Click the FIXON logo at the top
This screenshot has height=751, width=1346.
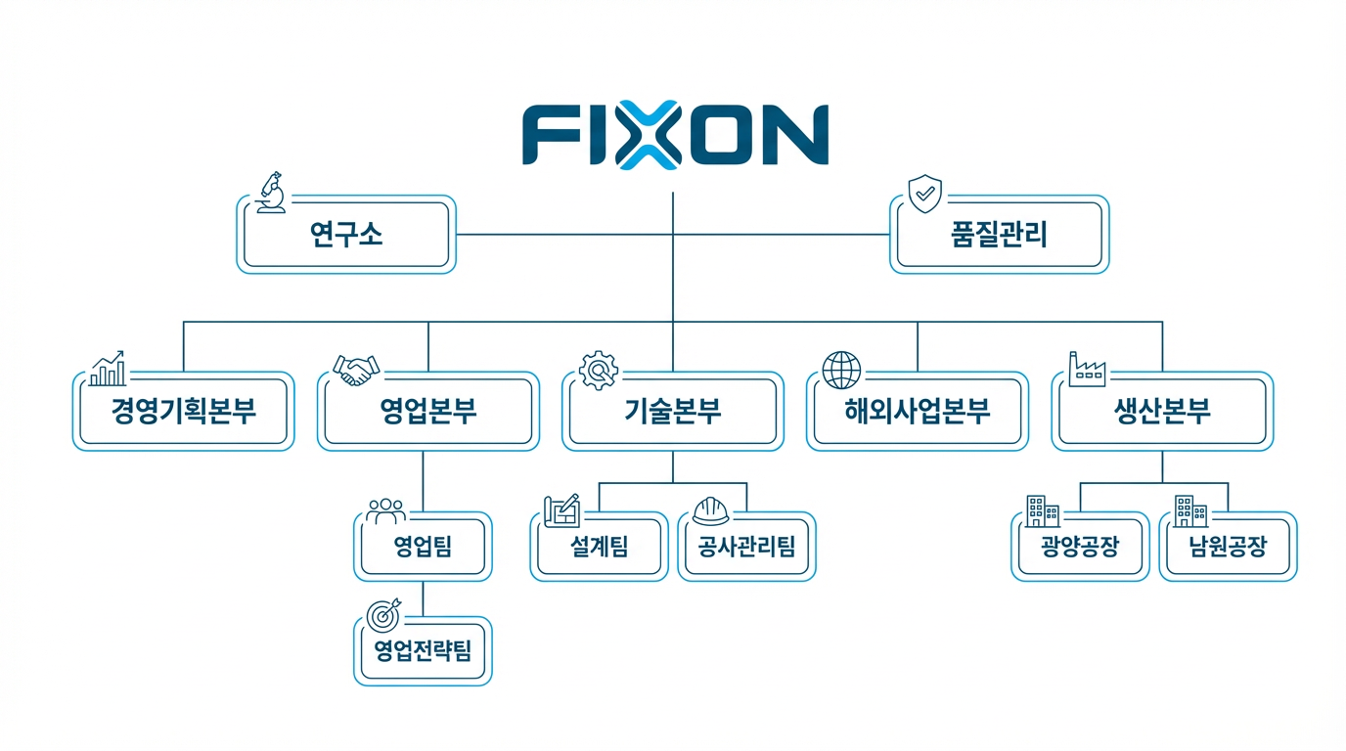coord(675,134)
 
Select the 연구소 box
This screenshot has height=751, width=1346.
coord(346,235)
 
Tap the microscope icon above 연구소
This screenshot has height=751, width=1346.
coord(270,193)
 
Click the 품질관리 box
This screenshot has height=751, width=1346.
coord(999,235)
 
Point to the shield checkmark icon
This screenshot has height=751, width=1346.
coord(924,194)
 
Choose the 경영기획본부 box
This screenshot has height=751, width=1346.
coord(183,411)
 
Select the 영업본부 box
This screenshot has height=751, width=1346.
coord(427,411)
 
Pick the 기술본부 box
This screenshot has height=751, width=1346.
coord(673,411)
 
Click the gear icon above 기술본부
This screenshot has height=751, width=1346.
coord(599,370)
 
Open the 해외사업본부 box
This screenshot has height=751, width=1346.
coord(918,411)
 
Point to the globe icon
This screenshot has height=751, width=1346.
coord(842,370)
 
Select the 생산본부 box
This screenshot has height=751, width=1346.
coord(1162,411)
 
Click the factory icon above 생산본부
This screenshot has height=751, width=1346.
coord(1086,369)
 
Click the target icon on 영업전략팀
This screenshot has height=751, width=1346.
coord(383,614)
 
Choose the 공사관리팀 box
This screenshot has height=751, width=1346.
coord(746,547)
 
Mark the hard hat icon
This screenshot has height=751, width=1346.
coord(710,510)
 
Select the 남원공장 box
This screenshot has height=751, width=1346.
coord(1228,547)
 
